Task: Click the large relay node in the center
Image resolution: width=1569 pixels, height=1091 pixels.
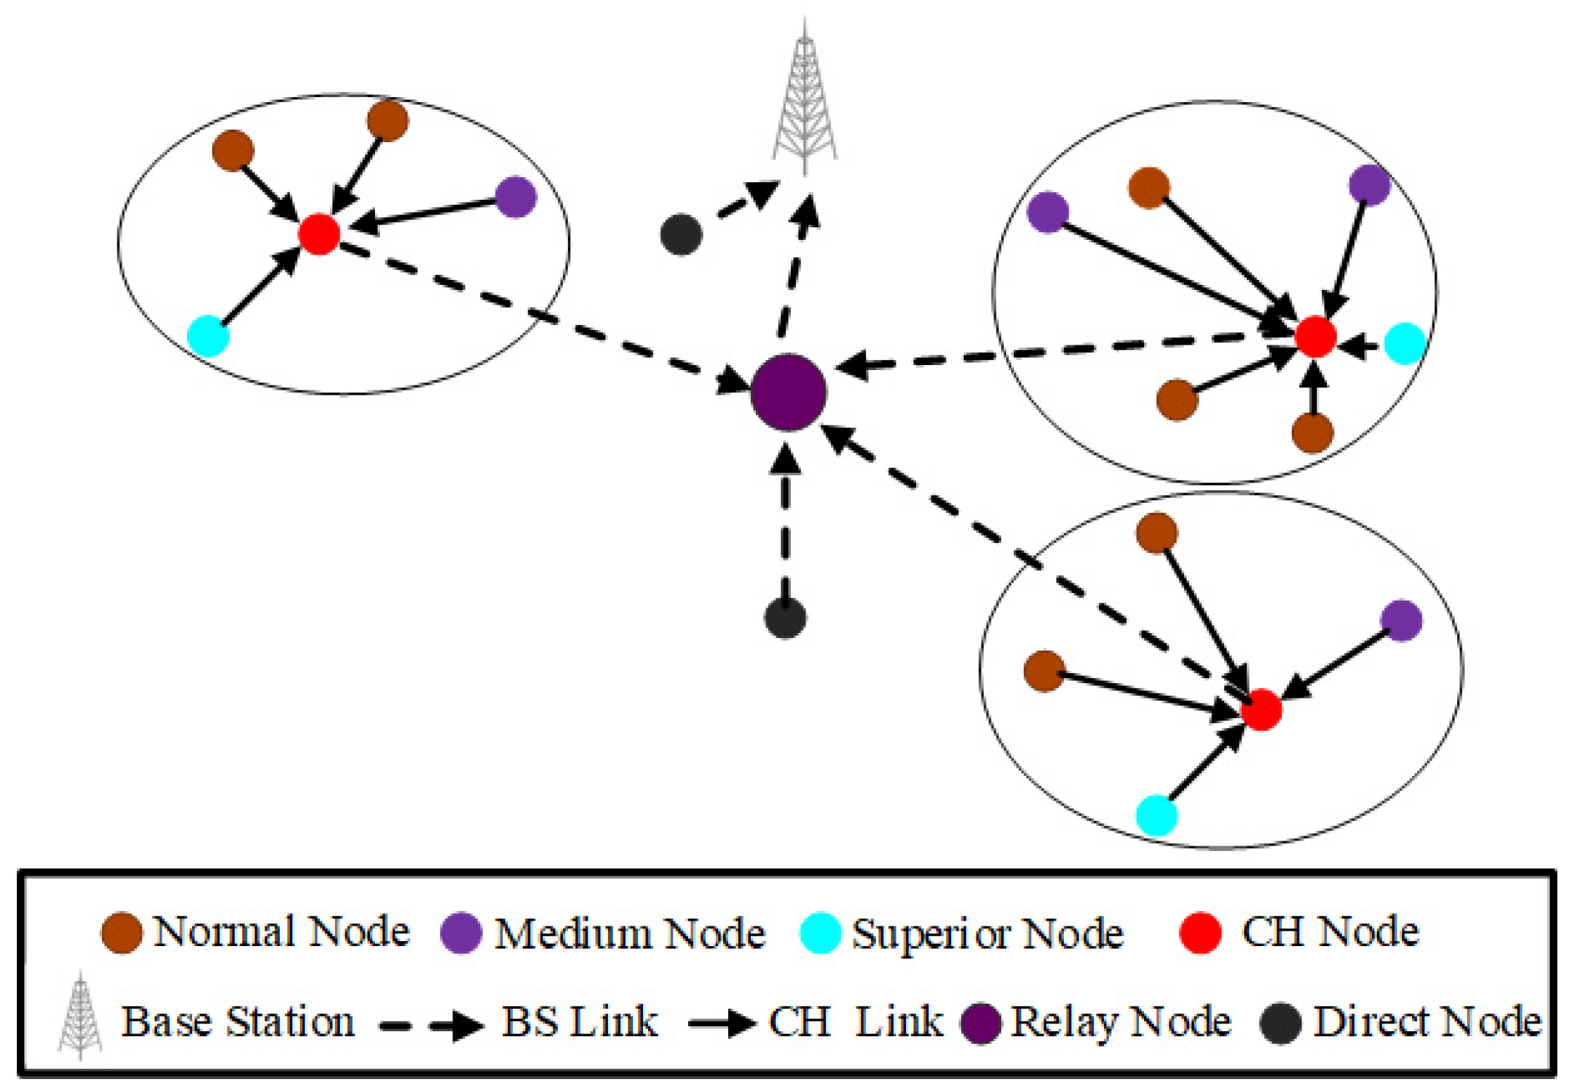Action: [x=788, y=392]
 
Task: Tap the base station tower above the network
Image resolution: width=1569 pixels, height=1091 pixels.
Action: [x=805, y=98]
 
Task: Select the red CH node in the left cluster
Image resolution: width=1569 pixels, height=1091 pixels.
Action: [x=319, y=234]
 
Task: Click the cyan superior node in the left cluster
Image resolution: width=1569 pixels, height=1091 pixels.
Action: [x=209, y=336]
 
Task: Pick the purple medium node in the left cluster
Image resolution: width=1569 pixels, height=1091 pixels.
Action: [x=516, y=197]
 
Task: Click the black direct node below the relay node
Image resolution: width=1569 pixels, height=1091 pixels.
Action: [x=785, y=618]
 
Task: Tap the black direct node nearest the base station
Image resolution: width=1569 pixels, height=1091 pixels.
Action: [x=681, y=234]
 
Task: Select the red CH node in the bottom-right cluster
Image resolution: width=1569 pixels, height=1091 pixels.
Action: [x=1261, y=710]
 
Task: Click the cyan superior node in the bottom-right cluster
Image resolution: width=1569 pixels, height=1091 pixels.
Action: [x=1157, y=815]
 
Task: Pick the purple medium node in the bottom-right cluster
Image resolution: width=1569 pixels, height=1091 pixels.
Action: [x=1401, y=620]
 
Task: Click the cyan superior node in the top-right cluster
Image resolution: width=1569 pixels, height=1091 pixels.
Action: [x=1404, y=343]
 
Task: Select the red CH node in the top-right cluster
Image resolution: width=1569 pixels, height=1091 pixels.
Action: [x=1315, y=337]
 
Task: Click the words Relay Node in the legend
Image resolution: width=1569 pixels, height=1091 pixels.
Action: [x=1120, y=1022]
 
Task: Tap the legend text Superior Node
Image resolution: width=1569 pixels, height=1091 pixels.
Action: [x=987, y=934]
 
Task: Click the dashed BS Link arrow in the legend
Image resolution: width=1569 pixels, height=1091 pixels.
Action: [x=431, y=1026]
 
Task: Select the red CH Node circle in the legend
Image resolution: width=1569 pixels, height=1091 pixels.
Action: [x=1200, y=933]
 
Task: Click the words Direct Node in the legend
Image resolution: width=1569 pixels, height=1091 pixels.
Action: [x=1427, y=1022]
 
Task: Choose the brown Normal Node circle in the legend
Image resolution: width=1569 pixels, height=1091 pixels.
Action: [x=122, y=933]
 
